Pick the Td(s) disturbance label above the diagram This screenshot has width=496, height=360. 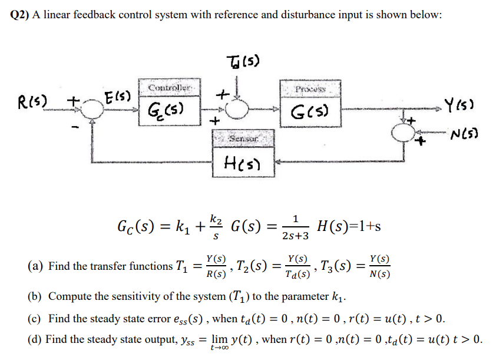(242, 61)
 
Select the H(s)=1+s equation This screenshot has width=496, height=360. (348, 226)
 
